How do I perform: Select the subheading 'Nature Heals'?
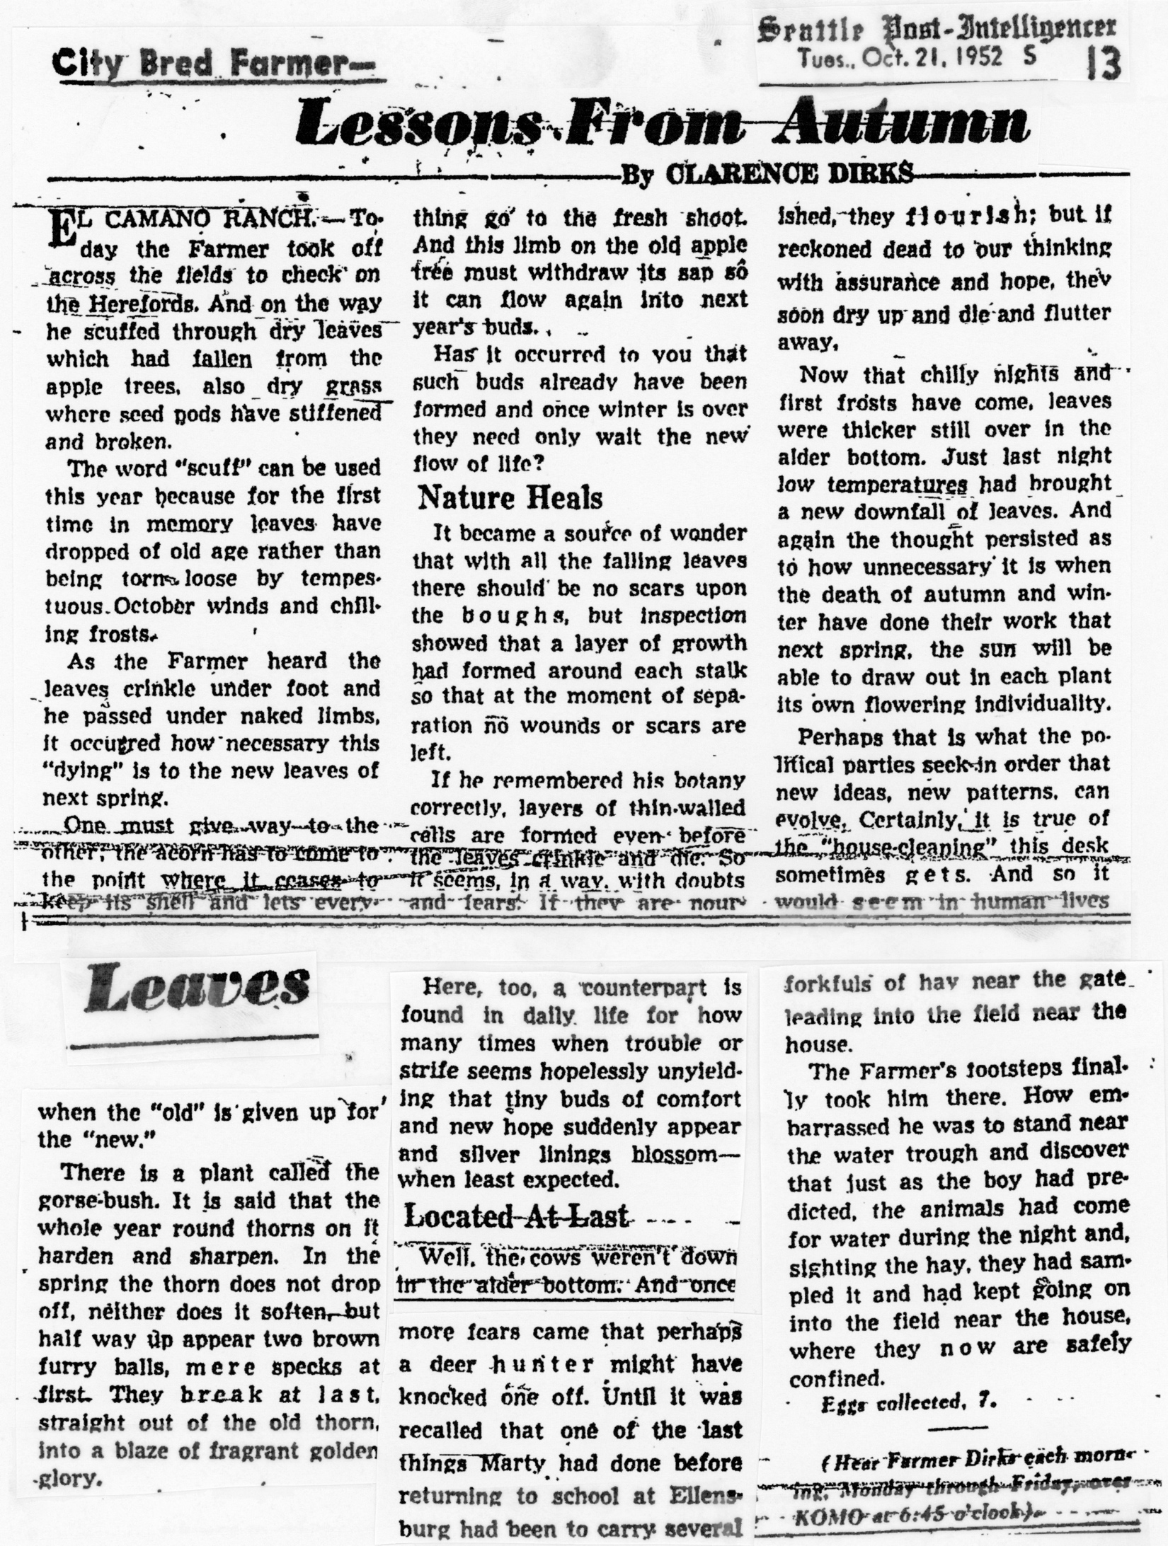pyautogui.click(x=510, y=498)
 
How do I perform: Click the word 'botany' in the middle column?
pyautogui.click(x=706, y=780)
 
